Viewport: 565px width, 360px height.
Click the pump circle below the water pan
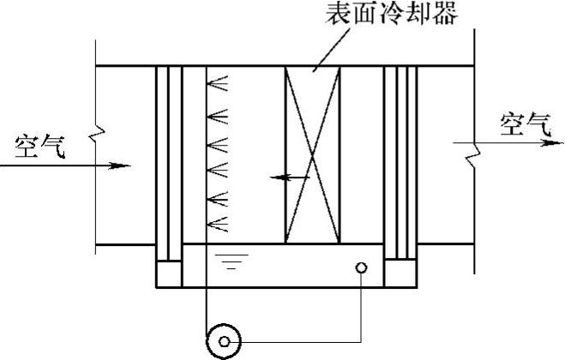[x=225, y=341]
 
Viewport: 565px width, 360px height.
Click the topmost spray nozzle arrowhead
[x=219, y=84]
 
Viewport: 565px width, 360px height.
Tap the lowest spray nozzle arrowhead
[x=219, y=225]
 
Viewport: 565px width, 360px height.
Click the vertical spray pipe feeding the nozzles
[x=206, y=154]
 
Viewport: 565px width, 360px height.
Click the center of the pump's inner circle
[x=225, y=341]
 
